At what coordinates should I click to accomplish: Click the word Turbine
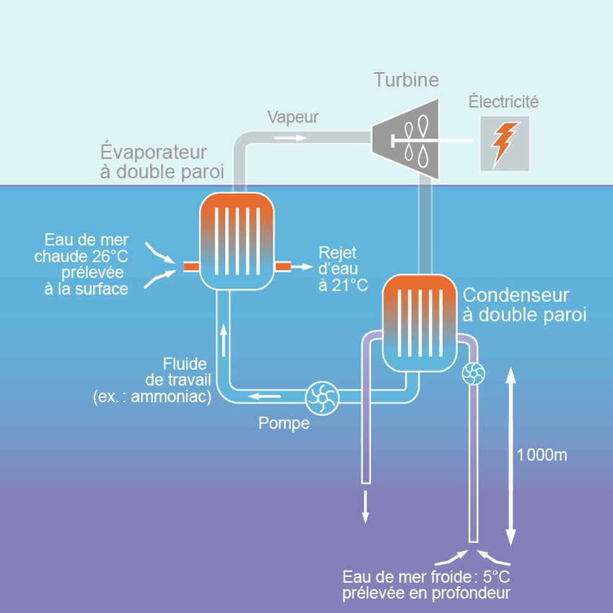point(405,79)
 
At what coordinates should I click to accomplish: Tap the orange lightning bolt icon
point(505,143)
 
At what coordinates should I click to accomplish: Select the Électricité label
point(503,102)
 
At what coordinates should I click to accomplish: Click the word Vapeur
point(292,117)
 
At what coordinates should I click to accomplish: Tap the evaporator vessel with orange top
point(237,242)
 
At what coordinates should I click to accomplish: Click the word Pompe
point(284,423)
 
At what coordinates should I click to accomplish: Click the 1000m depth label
point(542,455)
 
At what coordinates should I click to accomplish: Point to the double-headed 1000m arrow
point(511,455)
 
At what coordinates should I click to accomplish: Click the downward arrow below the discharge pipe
point(366,506)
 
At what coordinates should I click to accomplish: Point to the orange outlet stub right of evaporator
point(283,267)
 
